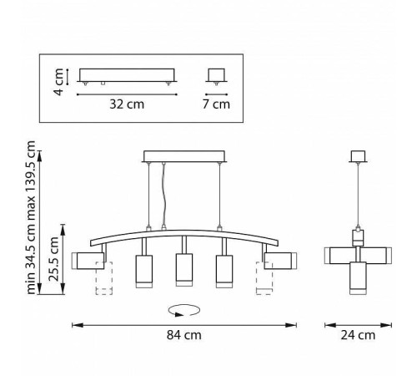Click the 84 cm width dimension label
tap(184, 335)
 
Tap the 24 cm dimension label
tap(358, 335)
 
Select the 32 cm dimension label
tap(127, 104)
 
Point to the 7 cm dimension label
tap(216, 104)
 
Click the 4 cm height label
tap(59, 82)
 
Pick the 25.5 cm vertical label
tap(53, 259)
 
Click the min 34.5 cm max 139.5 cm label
tap(31, 217)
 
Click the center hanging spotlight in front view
tap(184, 270)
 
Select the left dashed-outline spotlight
tap(104, 278)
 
